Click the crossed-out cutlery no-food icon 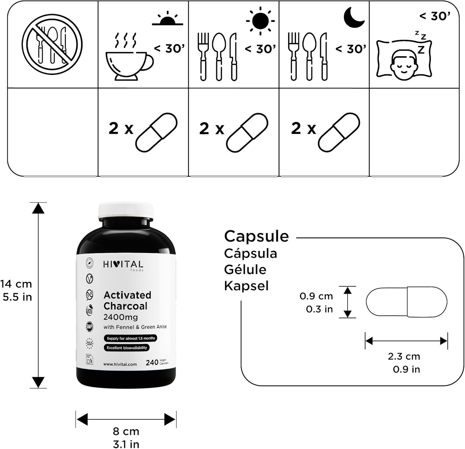[x=52, y=45]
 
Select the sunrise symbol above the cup [x=168, y=19]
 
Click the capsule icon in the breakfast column [x=157, y=133]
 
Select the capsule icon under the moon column [x=339, y=133]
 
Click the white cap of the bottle [x=126, y=211]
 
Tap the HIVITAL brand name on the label [x=123, y=265]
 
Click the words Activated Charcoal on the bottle [x=127, y=300]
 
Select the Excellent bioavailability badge [x=127, y=348]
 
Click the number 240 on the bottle [x=152, y=362]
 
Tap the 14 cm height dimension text [x=16, y=284]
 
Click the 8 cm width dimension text [x=126, y=431]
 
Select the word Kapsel [x=246, y=286]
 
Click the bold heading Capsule [x=256, y=236]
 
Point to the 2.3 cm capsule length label [x=404, y=356]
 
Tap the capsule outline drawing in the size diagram [x=406, y=302]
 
